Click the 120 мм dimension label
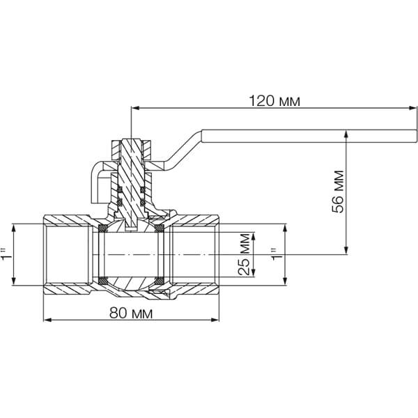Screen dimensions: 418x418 274,101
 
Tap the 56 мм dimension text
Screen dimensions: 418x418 338,192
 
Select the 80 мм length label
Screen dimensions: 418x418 131,313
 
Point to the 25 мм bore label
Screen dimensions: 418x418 245,254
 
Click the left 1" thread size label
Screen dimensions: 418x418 6,254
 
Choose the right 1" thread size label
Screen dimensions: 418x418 277,254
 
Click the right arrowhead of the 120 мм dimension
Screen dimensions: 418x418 412,108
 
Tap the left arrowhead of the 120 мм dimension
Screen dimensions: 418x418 135,108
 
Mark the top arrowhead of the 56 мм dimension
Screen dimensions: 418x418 346,134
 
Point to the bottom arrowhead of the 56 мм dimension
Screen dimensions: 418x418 346,250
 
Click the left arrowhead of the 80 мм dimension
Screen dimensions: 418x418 47,320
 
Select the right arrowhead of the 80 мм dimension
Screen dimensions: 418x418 215,320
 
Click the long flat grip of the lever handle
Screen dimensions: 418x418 309,137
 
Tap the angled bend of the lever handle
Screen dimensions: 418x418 184,150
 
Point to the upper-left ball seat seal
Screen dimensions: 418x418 103,229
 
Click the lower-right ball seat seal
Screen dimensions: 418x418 159,281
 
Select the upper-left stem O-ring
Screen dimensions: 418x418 120,189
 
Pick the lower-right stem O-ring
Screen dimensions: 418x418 143,203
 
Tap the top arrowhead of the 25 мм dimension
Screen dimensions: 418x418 254,237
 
